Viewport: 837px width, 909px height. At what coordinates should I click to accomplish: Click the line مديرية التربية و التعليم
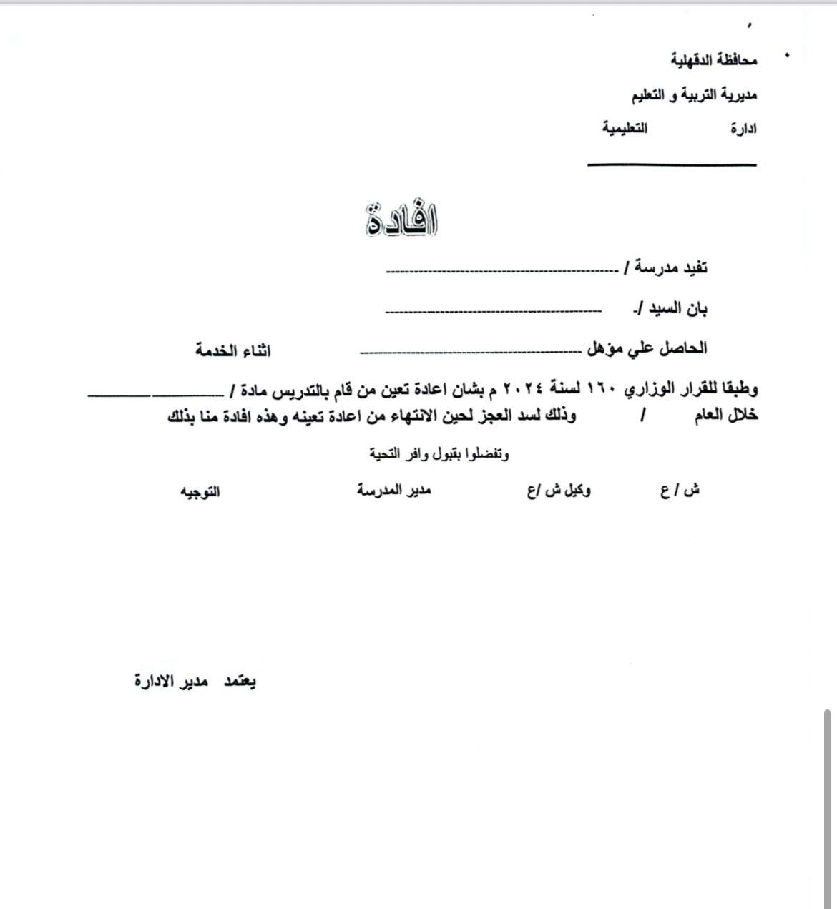(x=693, y=95)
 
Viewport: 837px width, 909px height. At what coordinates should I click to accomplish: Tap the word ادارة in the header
(x=743, y=129)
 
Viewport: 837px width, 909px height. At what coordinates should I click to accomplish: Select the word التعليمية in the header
(x=625, y=129)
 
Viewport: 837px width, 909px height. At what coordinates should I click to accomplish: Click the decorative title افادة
(x=401, y=221)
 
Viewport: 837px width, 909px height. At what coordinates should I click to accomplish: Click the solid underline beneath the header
(x=672, y=165)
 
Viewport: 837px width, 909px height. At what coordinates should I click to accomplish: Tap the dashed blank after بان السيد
(x=493, y=310)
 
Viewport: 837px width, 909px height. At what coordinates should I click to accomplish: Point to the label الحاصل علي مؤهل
(x=647, y=349)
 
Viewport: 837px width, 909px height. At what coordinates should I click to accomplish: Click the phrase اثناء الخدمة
(x=233, y=351)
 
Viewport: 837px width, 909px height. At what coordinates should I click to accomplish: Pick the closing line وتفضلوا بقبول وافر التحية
(x=439, y=454)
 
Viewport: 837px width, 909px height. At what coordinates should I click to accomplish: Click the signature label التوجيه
(x=200, y=493)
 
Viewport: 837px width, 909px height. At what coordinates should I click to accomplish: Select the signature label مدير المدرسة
(x=394, y=491)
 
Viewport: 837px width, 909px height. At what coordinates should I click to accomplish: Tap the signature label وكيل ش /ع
(x=559, y=491)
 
